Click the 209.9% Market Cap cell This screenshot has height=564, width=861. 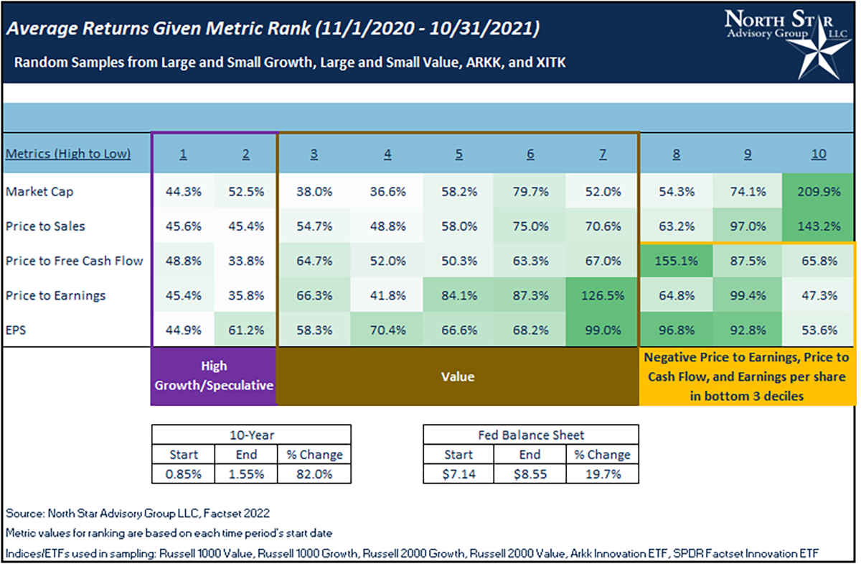(x=819, y=192)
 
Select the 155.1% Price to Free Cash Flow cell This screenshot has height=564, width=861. (x=675, y=261)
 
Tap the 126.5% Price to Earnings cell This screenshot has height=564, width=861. (x=601, y=295)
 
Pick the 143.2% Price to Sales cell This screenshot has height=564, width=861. (x=819, y=226)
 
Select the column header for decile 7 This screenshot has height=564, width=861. (x=601, y=154)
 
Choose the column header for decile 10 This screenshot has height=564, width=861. (x=819, y=154)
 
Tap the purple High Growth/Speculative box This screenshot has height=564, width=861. (x=214, y=376)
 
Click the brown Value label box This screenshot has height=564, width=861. (x=457, y=376)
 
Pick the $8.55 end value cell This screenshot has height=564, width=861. (x=530, y=473)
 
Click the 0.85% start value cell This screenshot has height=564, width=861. (x=183, y=473)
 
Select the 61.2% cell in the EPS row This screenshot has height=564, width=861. (x=245, y=330)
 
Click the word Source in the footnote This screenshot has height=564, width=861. (x=24, y=514)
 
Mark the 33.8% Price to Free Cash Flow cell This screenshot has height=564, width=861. (x=245, y=261)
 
